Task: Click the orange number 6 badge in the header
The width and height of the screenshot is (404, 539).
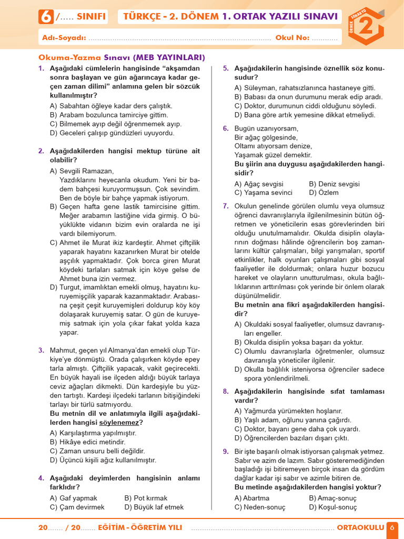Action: [46, 17]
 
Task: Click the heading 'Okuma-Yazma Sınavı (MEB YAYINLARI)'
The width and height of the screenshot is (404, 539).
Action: [122, 57]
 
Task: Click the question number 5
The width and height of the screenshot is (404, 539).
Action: [226, 68]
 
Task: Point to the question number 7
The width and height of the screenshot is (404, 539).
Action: [226, 206]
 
